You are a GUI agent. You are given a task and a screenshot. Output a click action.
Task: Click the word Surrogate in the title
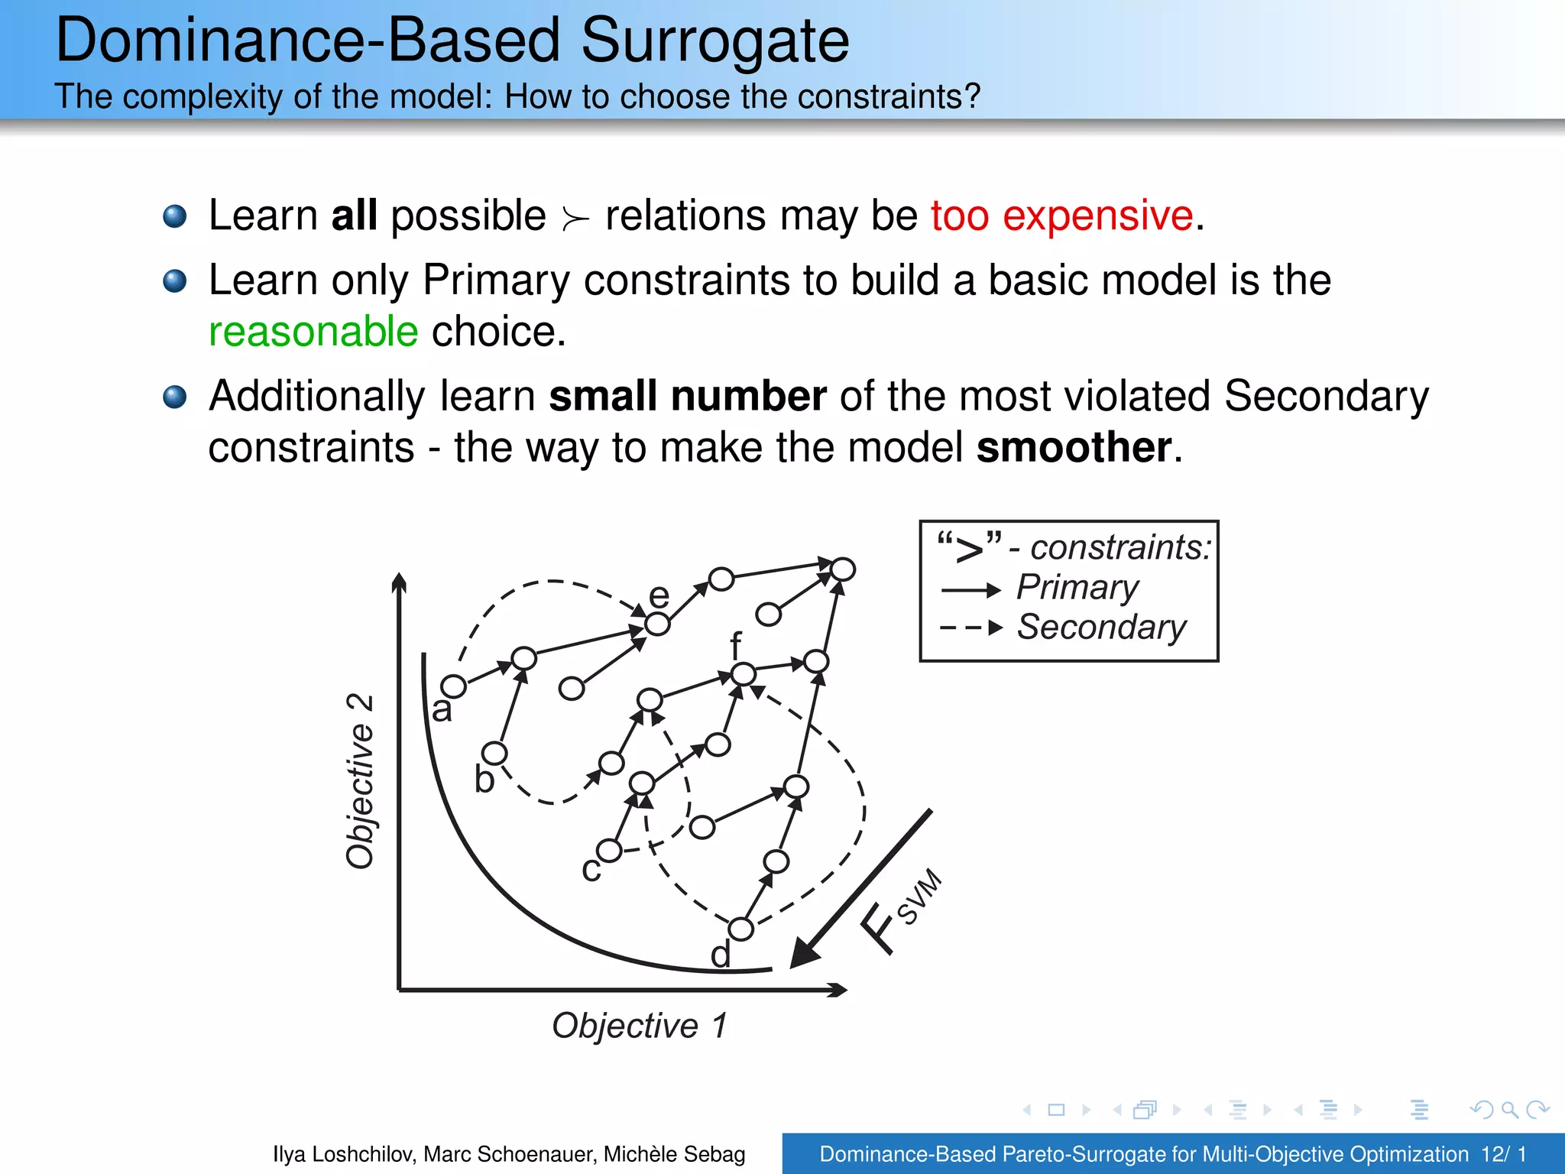click(x=714, y=42)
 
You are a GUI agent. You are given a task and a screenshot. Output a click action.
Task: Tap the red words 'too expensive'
click(x=1061, y=216)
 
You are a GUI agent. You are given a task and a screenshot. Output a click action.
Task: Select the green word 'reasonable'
click(x=313, y=332)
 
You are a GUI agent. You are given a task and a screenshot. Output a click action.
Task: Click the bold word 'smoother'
click(x=1074, y=447)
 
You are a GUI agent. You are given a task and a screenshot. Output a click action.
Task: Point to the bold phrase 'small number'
click(x=688, y=396)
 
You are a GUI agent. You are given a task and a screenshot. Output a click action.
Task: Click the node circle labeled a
click(x=453, y=686)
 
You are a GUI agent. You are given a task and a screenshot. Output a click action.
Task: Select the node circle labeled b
click(x=494, y=754)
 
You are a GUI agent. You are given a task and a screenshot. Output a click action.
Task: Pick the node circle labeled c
click(x=609, y=851)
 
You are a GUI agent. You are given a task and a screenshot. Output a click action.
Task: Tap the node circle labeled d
click(x=740, y=929)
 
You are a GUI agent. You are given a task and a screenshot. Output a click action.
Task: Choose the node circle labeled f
click(x=744, y=674)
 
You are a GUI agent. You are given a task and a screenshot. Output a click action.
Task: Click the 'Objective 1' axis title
click(x=640, y=1026)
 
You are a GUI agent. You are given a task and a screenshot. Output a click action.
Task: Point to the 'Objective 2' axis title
click(x=360, y=781)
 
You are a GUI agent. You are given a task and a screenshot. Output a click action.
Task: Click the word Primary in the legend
click(x=1077, y=588)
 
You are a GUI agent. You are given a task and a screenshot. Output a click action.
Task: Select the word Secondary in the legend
click(x=1101, y=628)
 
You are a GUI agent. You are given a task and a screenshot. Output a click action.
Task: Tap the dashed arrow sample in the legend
click(x=970, y=628)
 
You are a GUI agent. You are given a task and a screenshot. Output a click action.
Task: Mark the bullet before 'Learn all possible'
click(x=175, y=216)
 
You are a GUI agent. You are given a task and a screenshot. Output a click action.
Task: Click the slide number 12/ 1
click(x=1503, y=1154)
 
